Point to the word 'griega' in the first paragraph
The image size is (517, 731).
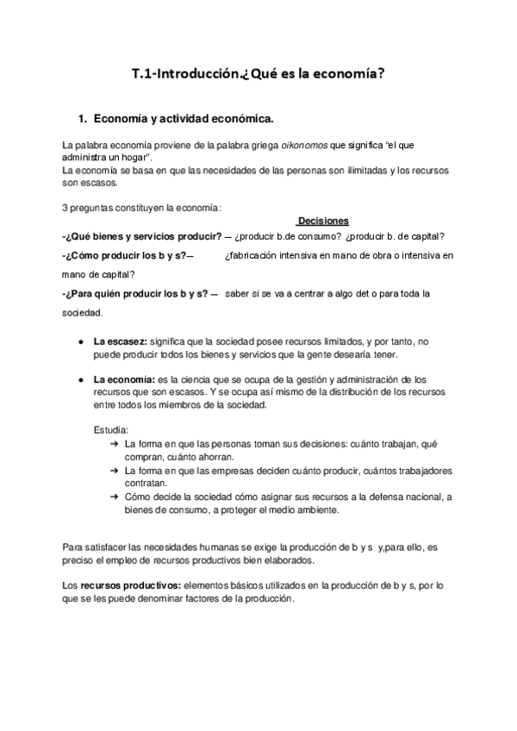264,146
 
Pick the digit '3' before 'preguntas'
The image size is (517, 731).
65,207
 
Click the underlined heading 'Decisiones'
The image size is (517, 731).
323,222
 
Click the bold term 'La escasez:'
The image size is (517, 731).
121,342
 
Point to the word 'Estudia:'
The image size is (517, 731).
111,429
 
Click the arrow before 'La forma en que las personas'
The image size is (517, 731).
115,443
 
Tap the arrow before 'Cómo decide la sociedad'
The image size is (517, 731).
115,497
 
